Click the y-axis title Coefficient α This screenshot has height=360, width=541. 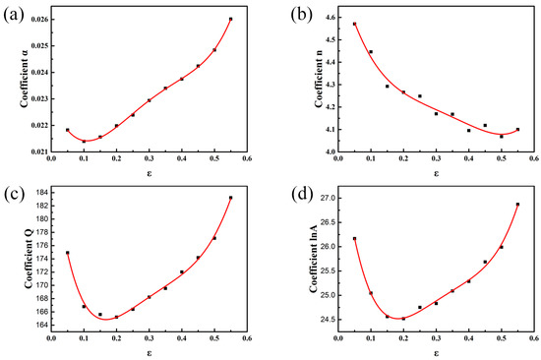13,84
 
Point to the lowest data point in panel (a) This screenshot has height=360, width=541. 84,142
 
